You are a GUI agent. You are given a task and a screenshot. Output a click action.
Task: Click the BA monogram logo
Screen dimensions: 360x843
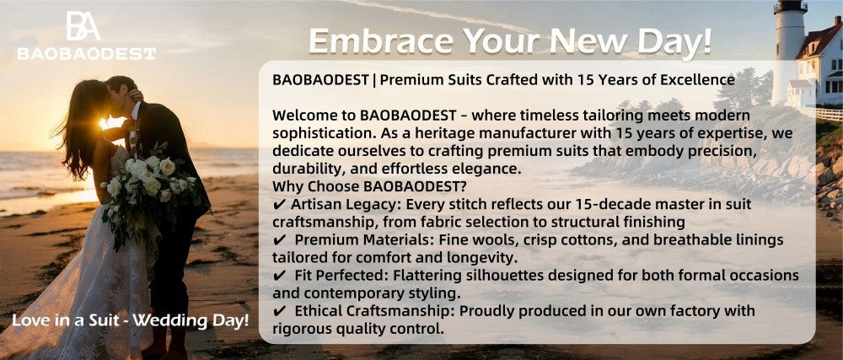coord(83,26)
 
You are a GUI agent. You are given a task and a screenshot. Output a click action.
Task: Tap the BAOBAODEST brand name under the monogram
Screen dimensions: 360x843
coord(86,53)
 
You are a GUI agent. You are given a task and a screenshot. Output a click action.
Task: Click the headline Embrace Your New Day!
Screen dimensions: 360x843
coord(510,39)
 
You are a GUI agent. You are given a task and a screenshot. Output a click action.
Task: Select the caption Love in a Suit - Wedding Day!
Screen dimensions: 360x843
coord(130,320)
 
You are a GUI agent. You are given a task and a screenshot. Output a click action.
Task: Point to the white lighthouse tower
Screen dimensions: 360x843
coord(789,42)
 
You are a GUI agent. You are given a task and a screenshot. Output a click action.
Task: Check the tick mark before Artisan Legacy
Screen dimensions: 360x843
coord(279,204)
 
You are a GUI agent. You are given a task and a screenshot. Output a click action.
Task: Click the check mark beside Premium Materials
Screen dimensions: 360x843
coord(279,240)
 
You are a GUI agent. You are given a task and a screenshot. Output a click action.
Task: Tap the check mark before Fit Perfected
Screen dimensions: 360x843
coord(279,276)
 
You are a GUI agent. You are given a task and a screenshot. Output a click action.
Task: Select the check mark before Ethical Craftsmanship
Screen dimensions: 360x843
coord(279,311)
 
